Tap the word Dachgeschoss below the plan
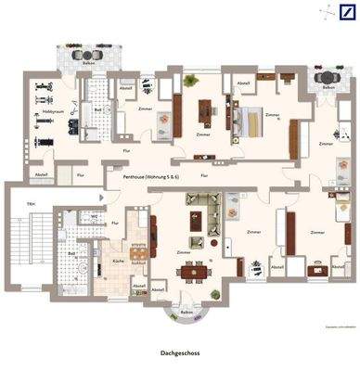[180, 353]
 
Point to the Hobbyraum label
[51, 112]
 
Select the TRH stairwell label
[31, 204]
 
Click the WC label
[96, 216]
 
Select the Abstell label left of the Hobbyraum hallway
[41, 174]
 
